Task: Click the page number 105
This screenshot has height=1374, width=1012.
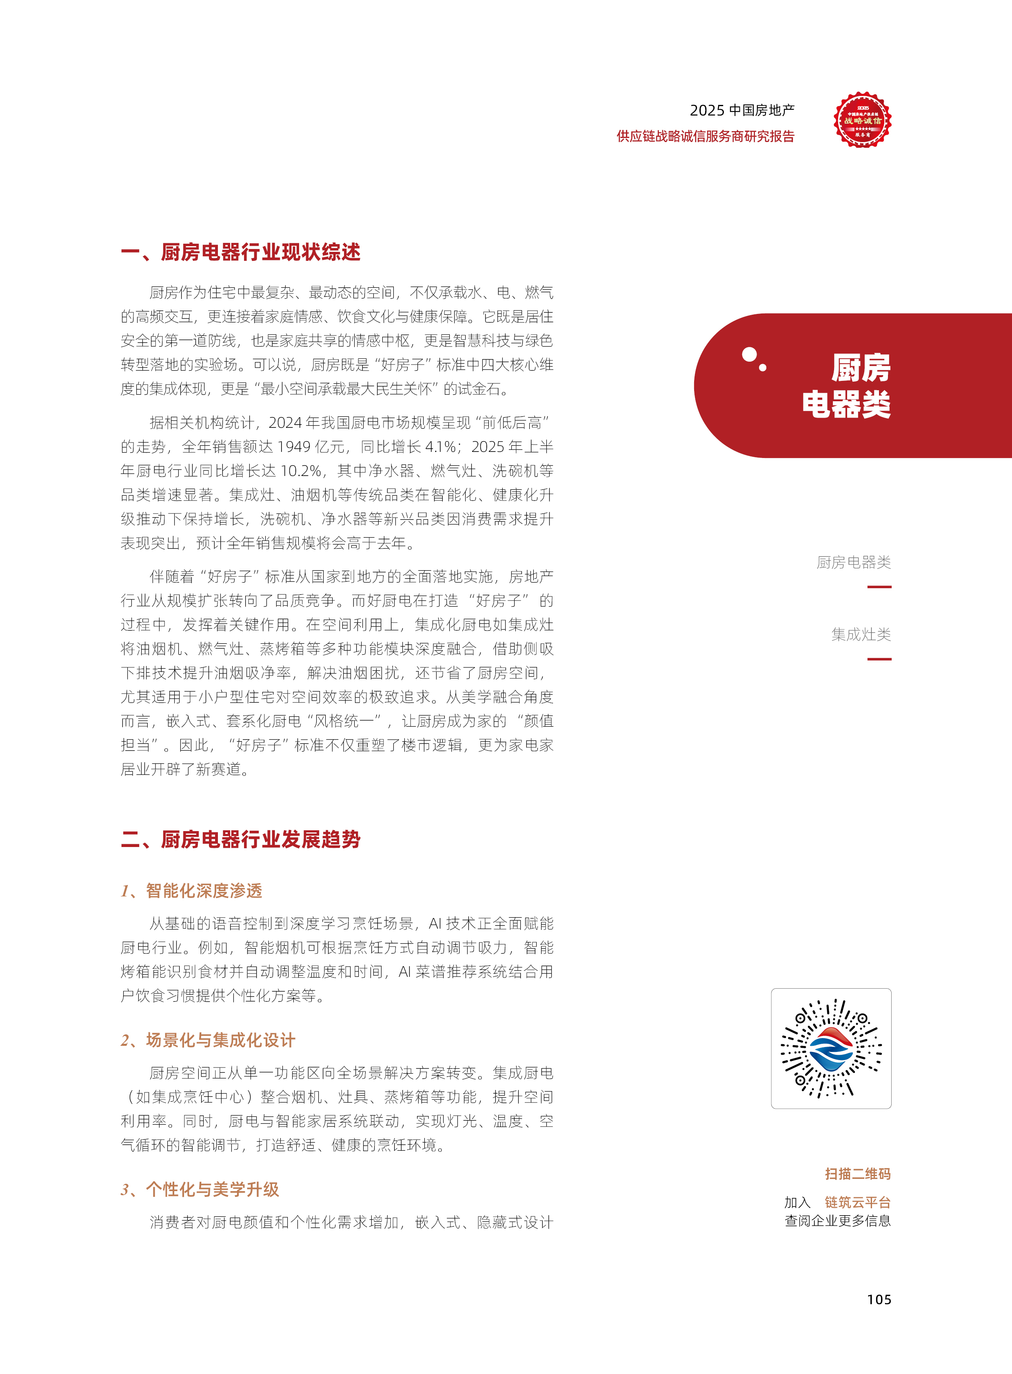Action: pos(879,1299)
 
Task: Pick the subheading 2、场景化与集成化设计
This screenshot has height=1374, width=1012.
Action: pos(208,1040)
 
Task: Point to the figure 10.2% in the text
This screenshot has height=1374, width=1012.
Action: pos(301,471)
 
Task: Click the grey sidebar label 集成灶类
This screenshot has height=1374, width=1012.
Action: pos(861,634)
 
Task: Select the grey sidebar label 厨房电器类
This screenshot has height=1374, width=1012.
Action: pos(853,562)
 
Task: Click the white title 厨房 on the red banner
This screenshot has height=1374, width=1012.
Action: pos(861,368)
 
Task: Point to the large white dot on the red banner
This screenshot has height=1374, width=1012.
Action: pos(748,354)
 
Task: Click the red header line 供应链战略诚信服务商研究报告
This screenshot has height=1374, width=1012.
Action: pos(705,136)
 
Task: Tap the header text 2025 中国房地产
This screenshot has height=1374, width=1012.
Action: pos(742,110)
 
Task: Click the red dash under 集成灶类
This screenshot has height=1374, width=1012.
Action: pos(879,659)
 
